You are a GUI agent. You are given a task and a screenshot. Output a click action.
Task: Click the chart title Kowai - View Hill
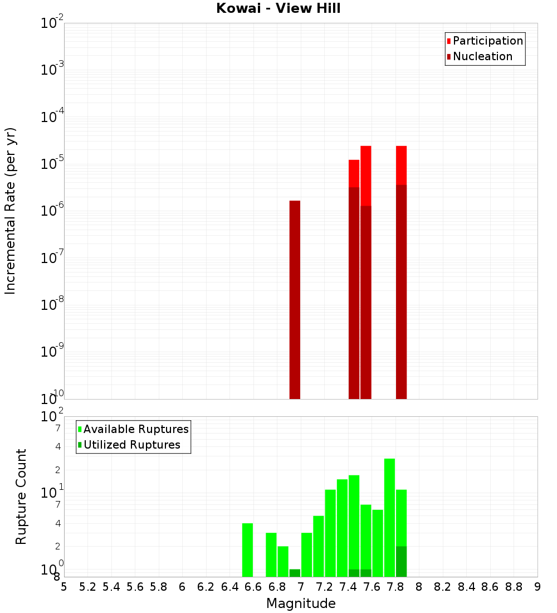278,9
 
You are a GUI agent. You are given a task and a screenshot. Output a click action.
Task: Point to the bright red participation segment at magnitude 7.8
401,165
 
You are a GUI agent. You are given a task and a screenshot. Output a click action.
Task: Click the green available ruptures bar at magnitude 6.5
247,550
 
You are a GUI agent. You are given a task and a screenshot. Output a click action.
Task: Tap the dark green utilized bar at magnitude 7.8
401,562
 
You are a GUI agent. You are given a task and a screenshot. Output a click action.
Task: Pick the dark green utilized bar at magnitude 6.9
295,573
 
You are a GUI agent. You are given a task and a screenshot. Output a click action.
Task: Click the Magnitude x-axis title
301,604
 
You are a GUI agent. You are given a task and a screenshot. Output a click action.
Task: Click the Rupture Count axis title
21,497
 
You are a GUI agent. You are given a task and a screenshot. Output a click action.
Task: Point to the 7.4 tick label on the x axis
348,587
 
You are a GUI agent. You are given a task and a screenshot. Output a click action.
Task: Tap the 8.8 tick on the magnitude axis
514,587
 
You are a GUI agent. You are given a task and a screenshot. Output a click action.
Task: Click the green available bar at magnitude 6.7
271,554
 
